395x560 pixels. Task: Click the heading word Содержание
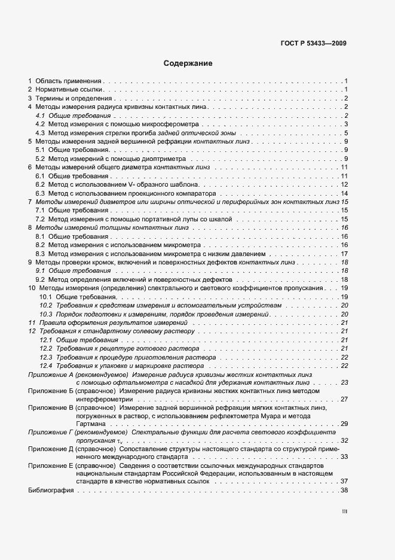point(188,63)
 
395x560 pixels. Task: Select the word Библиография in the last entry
point(51,491)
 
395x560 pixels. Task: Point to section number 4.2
point(40,124)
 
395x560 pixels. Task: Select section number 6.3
point(40,193)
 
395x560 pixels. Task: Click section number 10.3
point(45,314)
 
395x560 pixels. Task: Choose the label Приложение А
point(53,374)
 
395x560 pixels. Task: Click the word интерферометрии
point(104,399)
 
